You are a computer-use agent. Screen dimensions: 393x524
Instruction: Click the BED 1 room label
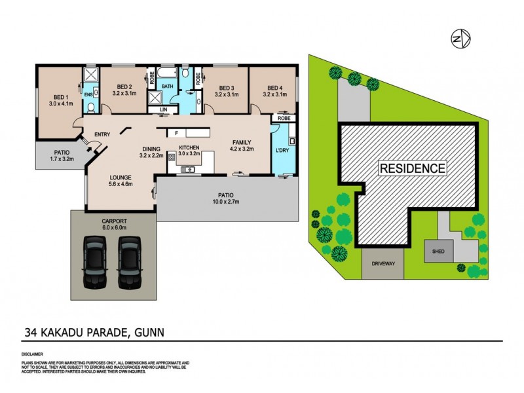pos(58,96)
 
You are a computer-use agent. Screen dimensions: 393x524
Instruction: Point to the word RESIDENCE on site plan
pos(413,168)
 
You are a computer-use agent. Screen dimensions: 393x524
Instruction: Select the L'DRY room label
pos(282,151)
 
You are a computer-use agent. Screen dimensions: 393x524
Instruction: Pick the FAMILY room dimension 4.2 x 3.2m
pos(240,149)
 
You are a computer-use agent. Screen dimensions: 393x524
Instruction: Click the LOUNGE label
pos(121,178)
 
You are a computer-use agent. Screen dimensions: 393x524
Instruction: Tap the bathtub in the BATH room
pos(167,75)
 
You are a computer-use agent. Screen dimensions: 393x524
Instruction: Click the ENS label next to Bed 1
pos(88,94)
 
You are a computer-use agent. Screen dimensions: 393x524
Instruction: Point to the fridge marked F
pos(177,132)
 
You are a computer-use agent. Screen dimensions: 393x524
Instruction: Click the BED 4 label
pos(272,88)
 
